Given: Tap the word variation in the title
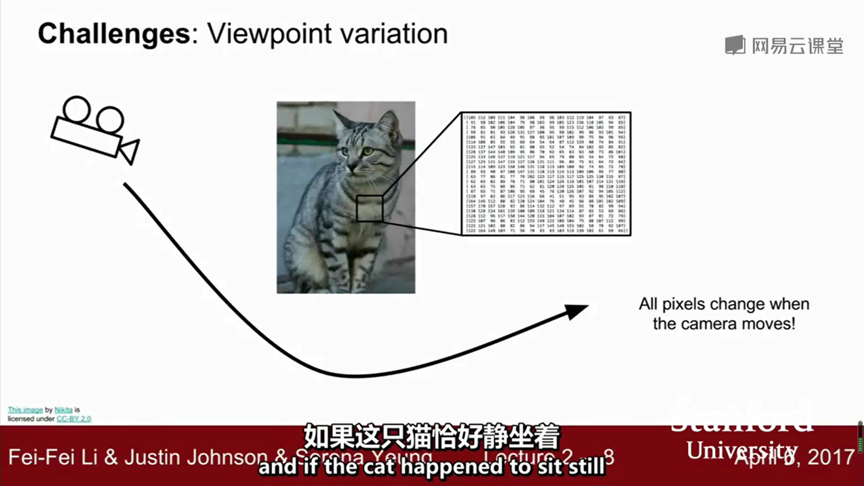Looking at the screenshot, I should point(394,34).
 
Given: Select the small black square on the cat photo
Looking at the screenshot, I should point(369,208).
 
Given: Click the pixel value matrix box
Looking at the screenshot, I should point(546,174).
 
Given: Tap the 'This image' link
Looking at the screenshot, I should point(25,410).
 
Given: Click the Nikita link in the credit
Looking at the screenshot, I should point(63,410).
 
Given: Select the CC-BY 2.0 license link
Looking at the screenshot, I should point(74,419).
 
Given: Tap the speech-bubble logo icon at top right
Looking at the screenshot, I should point(735,45).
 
